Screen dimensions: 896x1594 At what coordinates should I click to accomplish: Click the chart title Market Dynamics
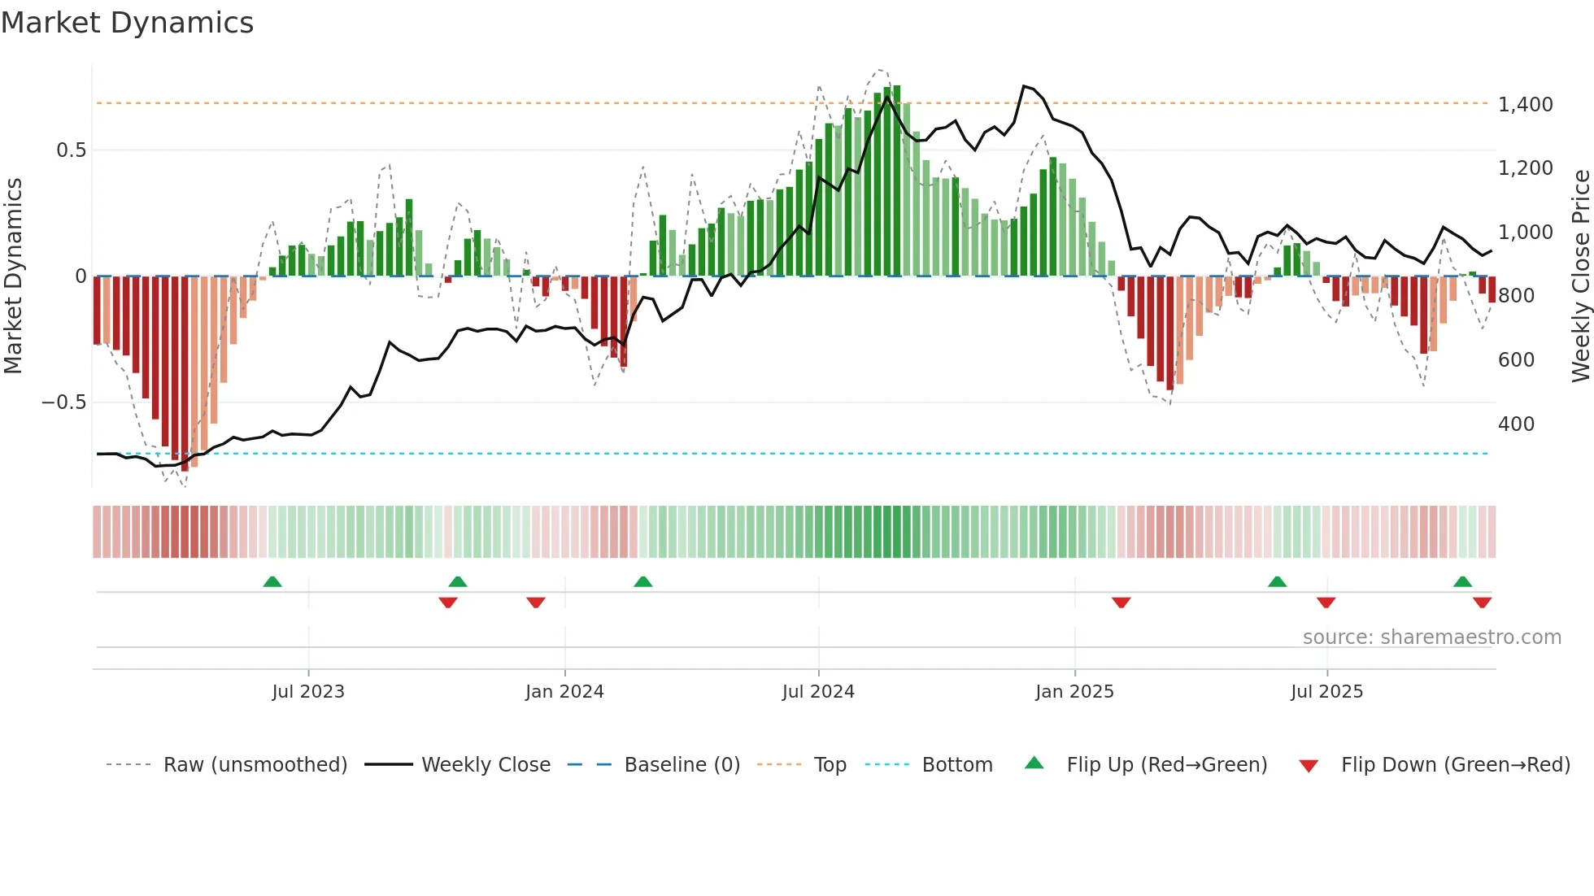127,23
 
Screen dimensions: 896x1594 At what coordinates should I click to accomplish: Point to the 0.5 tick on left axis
71,150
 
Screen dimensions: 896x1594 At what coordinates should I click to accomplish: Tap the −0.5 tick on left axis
63,402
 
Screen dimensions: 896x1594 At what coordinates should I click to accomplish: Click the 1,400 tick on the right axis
1525,105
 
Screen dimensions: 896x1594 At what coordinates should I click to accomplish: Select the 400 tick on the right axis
1516,424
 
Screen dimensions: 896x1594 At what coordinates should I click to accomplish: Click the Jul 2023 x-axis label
308,692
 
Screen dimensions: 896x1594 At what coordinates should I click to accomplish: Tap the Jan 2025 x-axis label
1074,692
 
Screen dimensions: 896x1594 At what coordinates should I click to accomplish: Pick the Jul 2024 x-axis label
818,692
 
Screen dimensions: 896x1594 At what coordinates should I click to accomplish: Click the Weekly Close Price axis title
1580,276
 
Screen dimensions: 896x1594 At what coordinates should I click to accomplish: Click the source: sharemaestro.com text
1431,637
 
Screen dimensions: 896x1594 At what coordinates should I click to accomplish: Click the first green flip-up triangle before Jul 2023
272,581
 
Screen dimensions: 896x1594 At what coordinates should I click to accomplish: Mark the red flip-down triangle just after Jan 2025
1121,602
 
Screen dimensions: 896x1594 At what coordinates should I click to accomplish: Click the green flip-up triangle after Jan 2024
642,581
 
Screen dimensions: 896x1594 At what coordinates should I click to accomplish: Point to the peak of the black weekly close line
1024,85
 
